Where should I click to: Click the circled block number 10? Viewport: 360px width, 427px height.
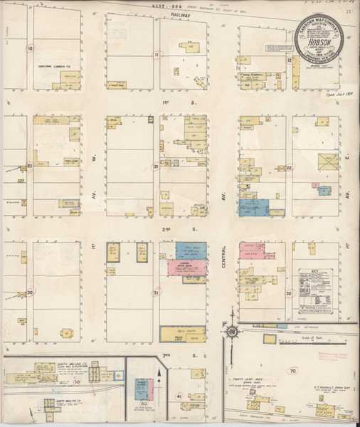click(x=29, y=49)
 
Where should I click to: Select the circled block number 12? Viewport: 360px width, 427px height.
click(x=290, y=60)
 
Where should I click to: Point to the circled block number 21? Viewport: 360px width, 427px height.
click(x=156, y=167)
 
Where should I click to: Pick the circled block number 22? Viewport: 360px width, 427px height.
click(x=290, y=167)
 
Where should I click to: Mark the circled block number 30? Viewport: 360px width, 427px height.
click(x=29, y=292)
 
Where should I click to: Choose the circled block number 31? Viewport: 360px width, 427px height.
click(x=156, y=292)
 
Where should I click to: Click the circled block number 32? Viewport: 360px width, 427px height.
click(x=290, y=292)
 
